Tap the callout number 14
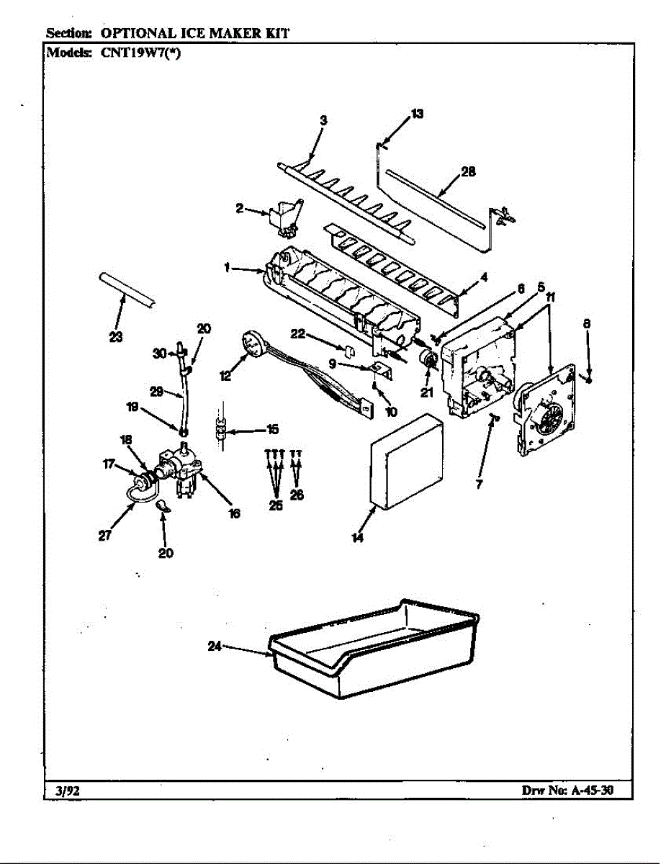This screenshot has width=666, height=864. (358, 537)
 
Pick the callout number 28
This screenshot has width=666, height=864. (468, 173)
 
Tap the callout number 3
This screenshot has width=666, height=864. (323, 120)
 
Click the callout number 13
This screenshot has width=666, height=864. (417, 113)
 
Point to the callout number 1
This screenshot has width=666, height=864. (227, 267)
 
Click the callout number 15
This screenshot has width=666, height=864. (272, 430)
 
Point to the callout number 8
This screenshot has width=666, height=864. (587, 324)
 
